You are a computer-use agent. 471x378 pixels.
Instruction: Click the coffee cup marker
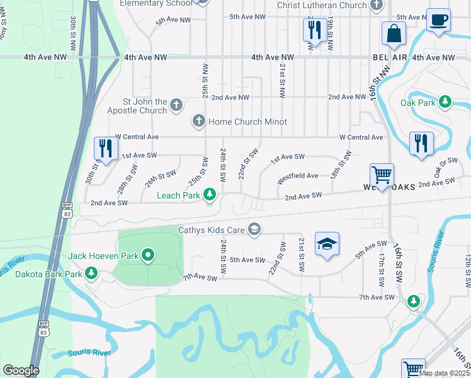(438, 20)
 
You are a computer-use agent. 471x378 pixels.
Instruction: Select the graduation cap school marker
(327, 244)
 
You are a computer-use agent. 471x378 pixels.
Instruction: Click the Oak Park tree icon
(445, 101)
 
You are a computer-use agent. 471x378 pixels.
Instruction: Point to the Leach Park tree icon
(210, 196)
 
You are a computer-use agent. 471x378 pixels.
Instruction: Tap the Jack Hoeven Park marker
(149, 255)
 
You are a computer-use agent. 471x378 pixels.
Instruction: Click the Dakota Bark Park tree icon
(92, 273)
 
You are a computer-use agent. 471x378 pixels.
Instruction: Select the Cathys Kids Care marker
(254, 229)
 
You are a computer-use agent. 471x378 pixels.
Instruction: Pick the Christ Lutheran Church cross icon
(377, 6)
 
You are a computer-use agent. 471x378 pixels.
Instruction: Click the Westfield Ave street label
(298, 176)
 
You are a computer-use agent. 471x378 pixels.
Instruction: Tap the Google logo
(21, 370)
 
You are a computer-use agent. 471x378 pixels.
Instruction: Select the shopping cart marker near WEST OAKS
(382, 175)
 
